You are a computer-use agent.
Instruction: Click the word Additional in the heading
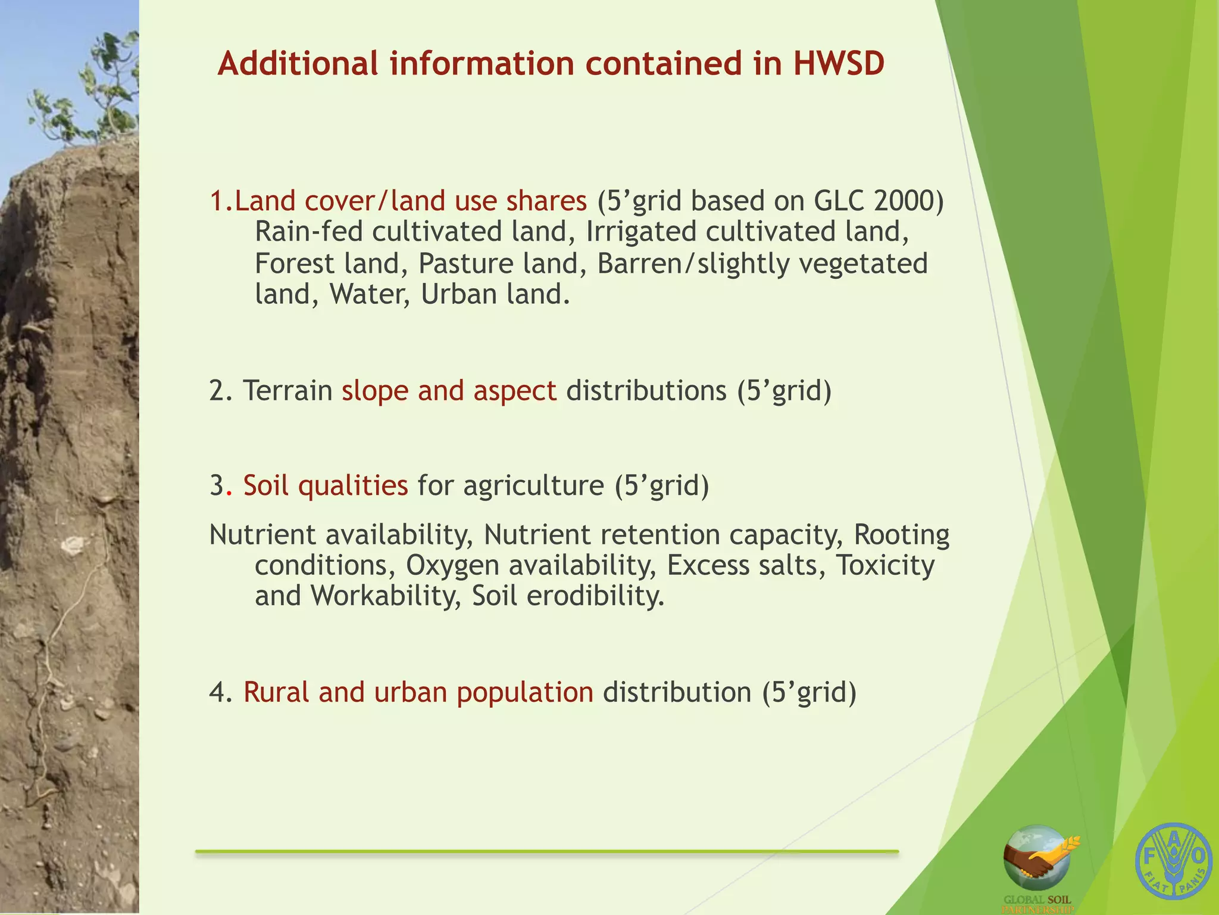298,63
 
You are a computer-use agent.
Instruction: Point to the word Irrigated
640,232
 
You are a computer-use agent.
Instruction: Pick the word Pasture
465,263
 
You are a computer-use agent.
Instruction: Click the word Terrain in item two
287,391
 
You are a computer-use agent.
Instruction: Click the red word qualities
352,485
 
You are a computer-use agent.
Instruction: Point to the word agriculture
533,485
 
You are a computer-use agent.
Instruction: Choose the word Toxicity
885,565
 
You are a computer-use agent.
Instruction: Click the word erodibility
595,596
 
